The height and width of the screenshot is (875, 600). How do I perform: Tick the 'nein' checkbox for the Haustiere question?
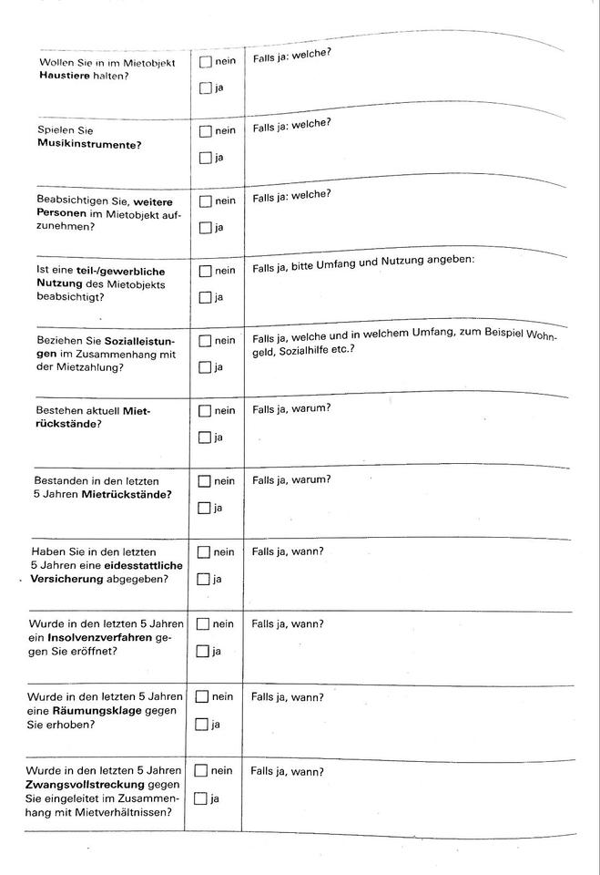pyautogui.click(x=206, y=62)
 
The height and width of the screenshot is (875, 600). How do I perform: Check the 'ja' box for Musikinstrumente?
pyautogui.click(x=206, y=158)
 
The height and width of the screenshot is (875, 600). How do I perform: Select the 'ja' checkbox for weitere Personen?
pyautogui.click(x=206, y=228)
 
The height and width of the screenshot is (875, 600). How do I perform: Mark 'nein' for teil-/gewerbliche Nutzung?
pyautogui.click(x=205, y=271)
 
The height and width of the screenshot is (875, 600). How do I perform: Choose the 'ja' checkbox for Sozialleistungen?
pyautogui.click(x=205, y=367)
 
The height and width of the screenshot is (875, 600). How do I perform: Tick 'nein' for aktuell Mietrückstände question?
pyautogui.click(x=205, y=411)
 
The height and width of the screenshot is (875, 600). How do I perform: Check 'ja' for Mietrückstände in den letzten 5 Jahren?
pyautogui.click(x=205, y=508)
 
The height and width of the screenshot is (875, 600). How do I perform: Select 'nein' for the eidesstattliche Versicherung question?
pyautogui.click(x=204, y=552)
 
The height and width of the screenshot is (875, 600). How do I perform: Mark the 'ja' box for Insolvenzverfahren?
pyautogui.click(x=203, y=652)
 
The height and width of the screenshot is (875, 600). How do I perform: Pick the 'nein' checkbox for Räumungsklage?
pyautogui.click(x=202, y=697)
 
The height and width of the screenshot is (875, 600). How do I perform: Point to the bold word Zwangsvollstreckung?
pyautogui.click(x=86, y=784)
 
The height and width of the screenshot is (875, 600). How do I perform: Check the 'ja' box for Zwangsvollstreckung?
pyautogui.click(x=201, y=799)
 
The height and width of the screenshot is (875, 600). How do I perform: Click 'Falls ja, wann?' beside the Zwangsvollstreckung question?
pyautogui.click(x=288, y=772)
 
